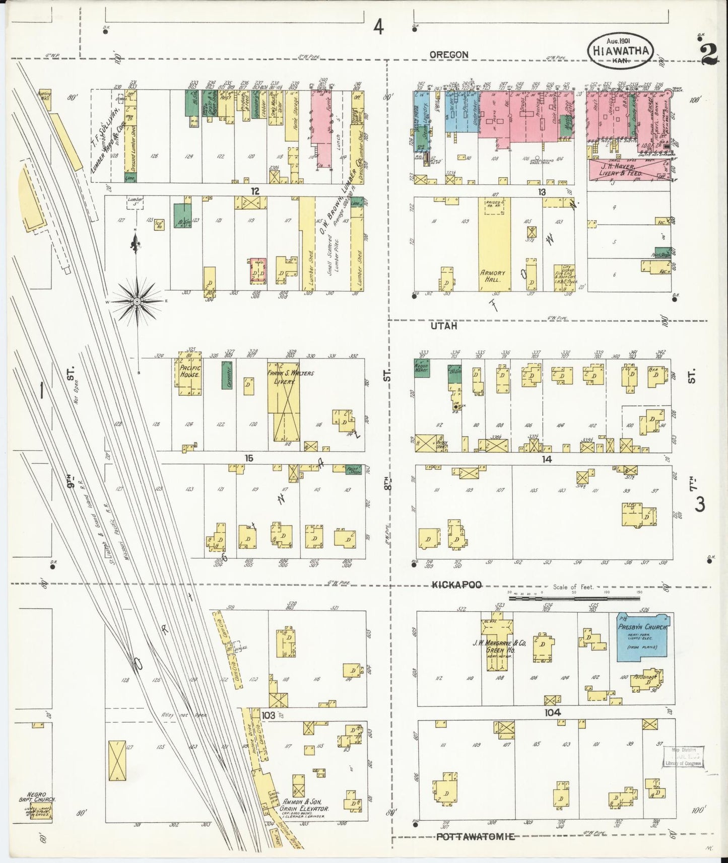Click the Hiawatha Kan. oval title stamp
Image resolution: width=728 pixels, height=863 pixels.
point(621,51)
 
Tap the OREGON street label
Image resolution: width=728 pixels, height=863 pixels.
point(449,54)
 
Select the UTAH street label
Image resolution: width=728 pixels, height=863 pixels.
point(444,326)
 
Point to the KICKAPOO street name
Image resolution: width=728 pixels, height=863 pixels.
point(456,585)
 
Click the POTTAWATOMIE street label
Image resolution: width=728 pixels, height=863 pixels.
point(475,836)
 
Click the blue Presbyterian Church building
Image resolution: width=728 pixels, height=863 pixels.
point(643,636)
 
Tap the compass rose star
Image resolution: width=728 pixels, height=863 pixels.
point(137,301)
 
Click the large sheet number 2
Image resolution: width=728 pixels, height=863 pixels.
point(709,54)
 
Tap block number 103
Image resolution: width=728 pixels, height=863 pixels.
point(269,715)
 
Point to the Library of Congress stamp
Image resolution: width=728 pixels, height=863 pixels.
point(683,756)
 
